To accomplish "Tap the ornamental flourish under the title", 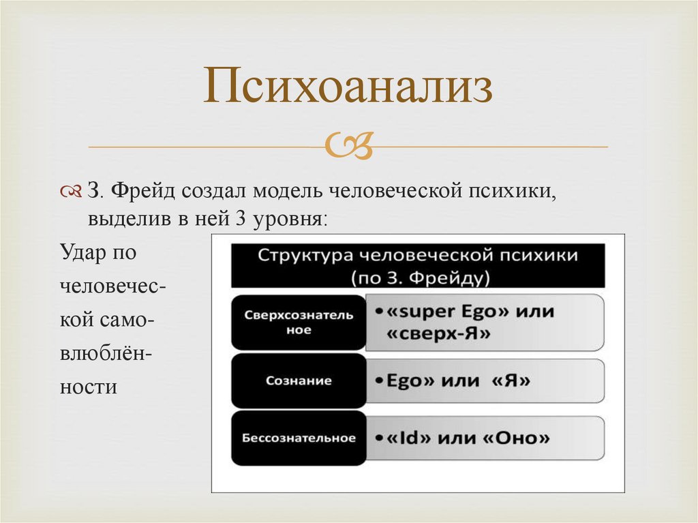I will coord(348,145).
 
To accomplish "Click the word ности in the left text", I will coord(89,387).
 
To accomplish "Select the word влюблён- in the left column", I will coord(106,353).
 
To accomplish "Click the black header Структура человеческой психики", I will coord(417,256).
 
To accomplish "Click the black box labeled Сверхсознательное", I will coord(299,322).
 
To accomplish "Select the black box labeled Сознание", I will coord(299,380).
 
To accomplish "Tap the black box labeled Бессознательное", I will coord(299,438).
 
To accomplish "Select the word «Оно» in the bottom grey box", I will coord(516,438).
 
